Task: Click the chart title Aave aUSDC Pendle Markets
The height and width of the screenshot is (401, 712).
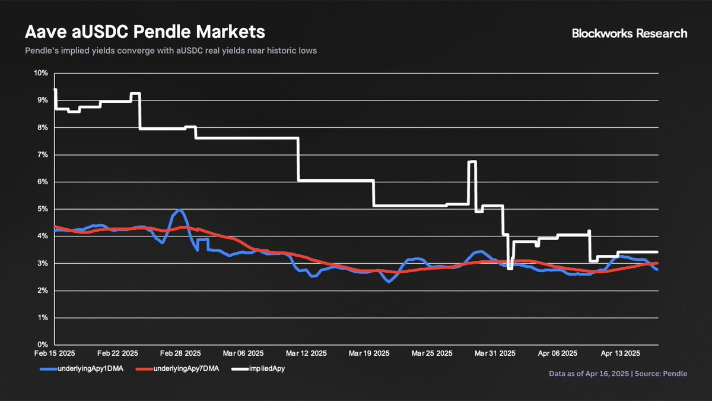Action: (x=145, y=31)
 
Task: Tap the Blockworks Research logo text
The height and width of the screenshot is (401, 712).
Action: (x=630, y=33)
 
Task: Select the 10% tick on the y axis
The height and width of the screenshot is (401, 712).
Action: (x=40, y=73)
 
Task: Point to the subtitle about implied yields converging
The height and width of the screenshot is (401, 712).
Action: (x=171, y=51)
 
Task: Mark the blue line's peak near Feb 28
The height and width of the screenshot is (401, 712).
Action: (x=179, y=210)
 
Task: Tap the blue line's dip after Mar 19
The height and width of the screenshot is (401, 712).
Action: (x=389, y=281)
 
